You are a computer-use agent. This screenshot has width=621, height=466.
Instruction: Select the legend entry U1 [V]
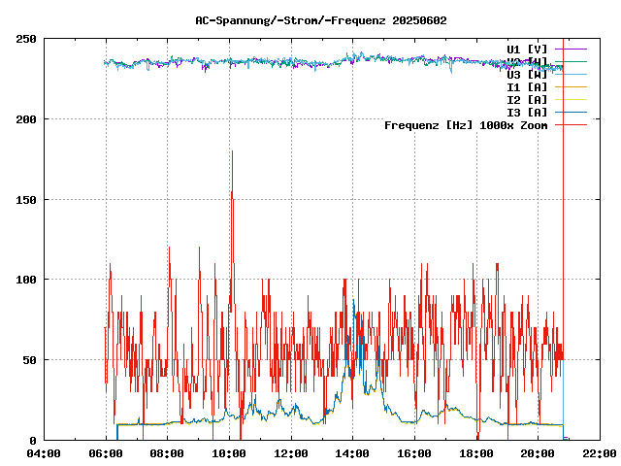pyautogui.click(x=527, y=49)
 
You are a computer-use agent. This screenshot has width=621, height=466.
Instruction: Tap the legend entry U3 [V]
pyautogui.click(x=527, y=74)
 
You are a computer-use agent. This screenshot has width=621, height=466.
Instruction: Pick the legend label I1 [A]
pyautogui.click(x=527, y=86)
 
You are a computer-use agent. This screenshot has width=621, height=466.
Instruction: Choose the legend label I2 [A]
pyautogui.click(x=527, y=99)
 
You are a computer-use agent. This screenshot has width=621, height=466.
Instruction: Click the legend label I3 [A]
pyautogui.click(x=527, y=112)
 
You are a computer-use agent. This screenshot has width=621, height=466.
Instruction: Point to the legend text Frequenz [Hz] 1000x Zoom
pyautogui.click(x=466, y=124)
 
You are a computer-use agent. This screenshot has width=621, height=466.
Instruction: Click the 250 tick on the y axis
pyautogui.click(x=26, y=39)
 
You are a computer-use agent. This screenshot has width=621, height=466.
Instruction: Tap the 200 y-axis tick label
pyautogui.click(x=26, y=119)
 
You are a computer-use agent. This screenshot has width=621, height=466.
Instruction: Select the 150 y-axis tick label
pyautogui.click(x=26, y=200)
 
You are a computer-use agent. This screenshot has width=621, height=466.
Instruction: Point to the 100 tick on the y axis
pyautogui.click(x=26, y=280)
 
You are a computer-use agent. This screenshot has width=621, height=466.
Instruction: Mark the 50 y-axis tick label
pyautogui.click(x=29, y=360)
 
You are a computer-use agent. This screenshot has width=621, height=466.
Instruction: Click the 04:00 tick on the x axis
pyautogui.click(x=44, y=453)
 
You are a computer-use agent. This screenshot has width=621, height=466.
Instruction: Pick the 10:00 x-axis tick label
pyautogui.click(x=229, y=453)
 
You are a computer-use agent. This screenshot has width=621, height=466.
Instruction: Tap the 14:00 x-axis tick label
pyautogui.click(x=353, y=453)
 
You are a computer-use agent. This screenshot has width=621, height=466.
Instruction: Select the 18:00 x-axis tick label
pyautogui.click(x=476, y=453)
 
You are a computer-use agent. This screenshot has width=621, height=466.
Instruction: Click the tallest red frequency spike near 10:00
pyautogui.click(x=232, y=153)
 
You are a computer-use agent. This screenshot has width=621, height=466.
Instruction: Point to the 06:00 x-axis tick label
pyautogui.click(x=106, y=453)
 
